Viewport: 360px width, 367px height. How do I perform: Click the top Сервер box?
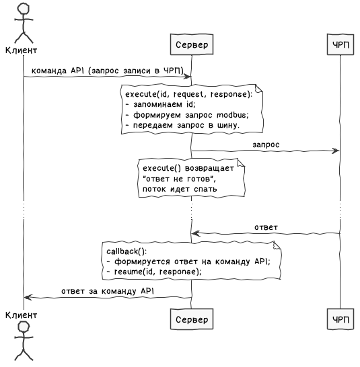pos(192,44)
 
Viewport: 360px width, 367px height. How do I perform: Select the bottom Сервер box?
pos(192,319)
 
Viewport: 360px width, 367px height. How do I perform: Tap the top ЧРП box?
pos(340,44)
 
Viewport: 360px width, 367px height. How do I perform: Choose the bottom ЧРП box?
pos(340,319)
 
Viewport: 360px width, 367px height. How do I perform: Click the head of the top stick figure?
pos(24,9)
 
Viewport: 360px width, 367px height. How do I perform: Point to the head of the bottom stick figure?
pos(24,327)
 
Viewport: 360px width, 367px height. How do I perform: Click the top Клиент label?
pos(21,50)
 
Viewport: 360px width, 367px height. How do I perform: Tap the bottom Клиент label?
pos(21,315)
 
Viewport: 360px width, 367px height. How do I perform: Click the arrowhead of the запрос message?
pos(336,151)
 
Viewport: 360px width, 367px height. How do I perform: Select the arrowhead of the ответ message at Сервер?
pos(196,233)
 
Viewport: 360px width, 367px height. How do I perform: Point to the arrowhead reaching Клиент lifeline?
pos(28,298)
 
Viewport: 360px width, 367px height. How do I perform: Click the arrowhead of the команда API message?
pos(188,77)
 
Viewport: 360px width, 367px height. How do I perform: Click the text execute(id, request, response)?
pos(188,94)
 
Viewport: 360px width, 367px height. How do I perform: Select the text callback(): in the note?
pos(127,251)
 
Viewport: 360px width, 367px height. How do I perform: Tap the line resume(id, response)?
pos(157,272)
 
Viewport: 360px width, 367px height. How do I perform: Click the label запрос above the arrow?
pos(266,145)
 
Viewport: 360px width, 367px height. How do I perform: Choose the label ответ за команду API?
pos(108,291)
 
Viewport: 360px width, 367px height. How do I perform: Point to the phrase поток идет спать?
pos(180,189)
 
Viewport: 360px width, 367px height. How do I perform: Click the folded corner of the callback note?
pos(277,246)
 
